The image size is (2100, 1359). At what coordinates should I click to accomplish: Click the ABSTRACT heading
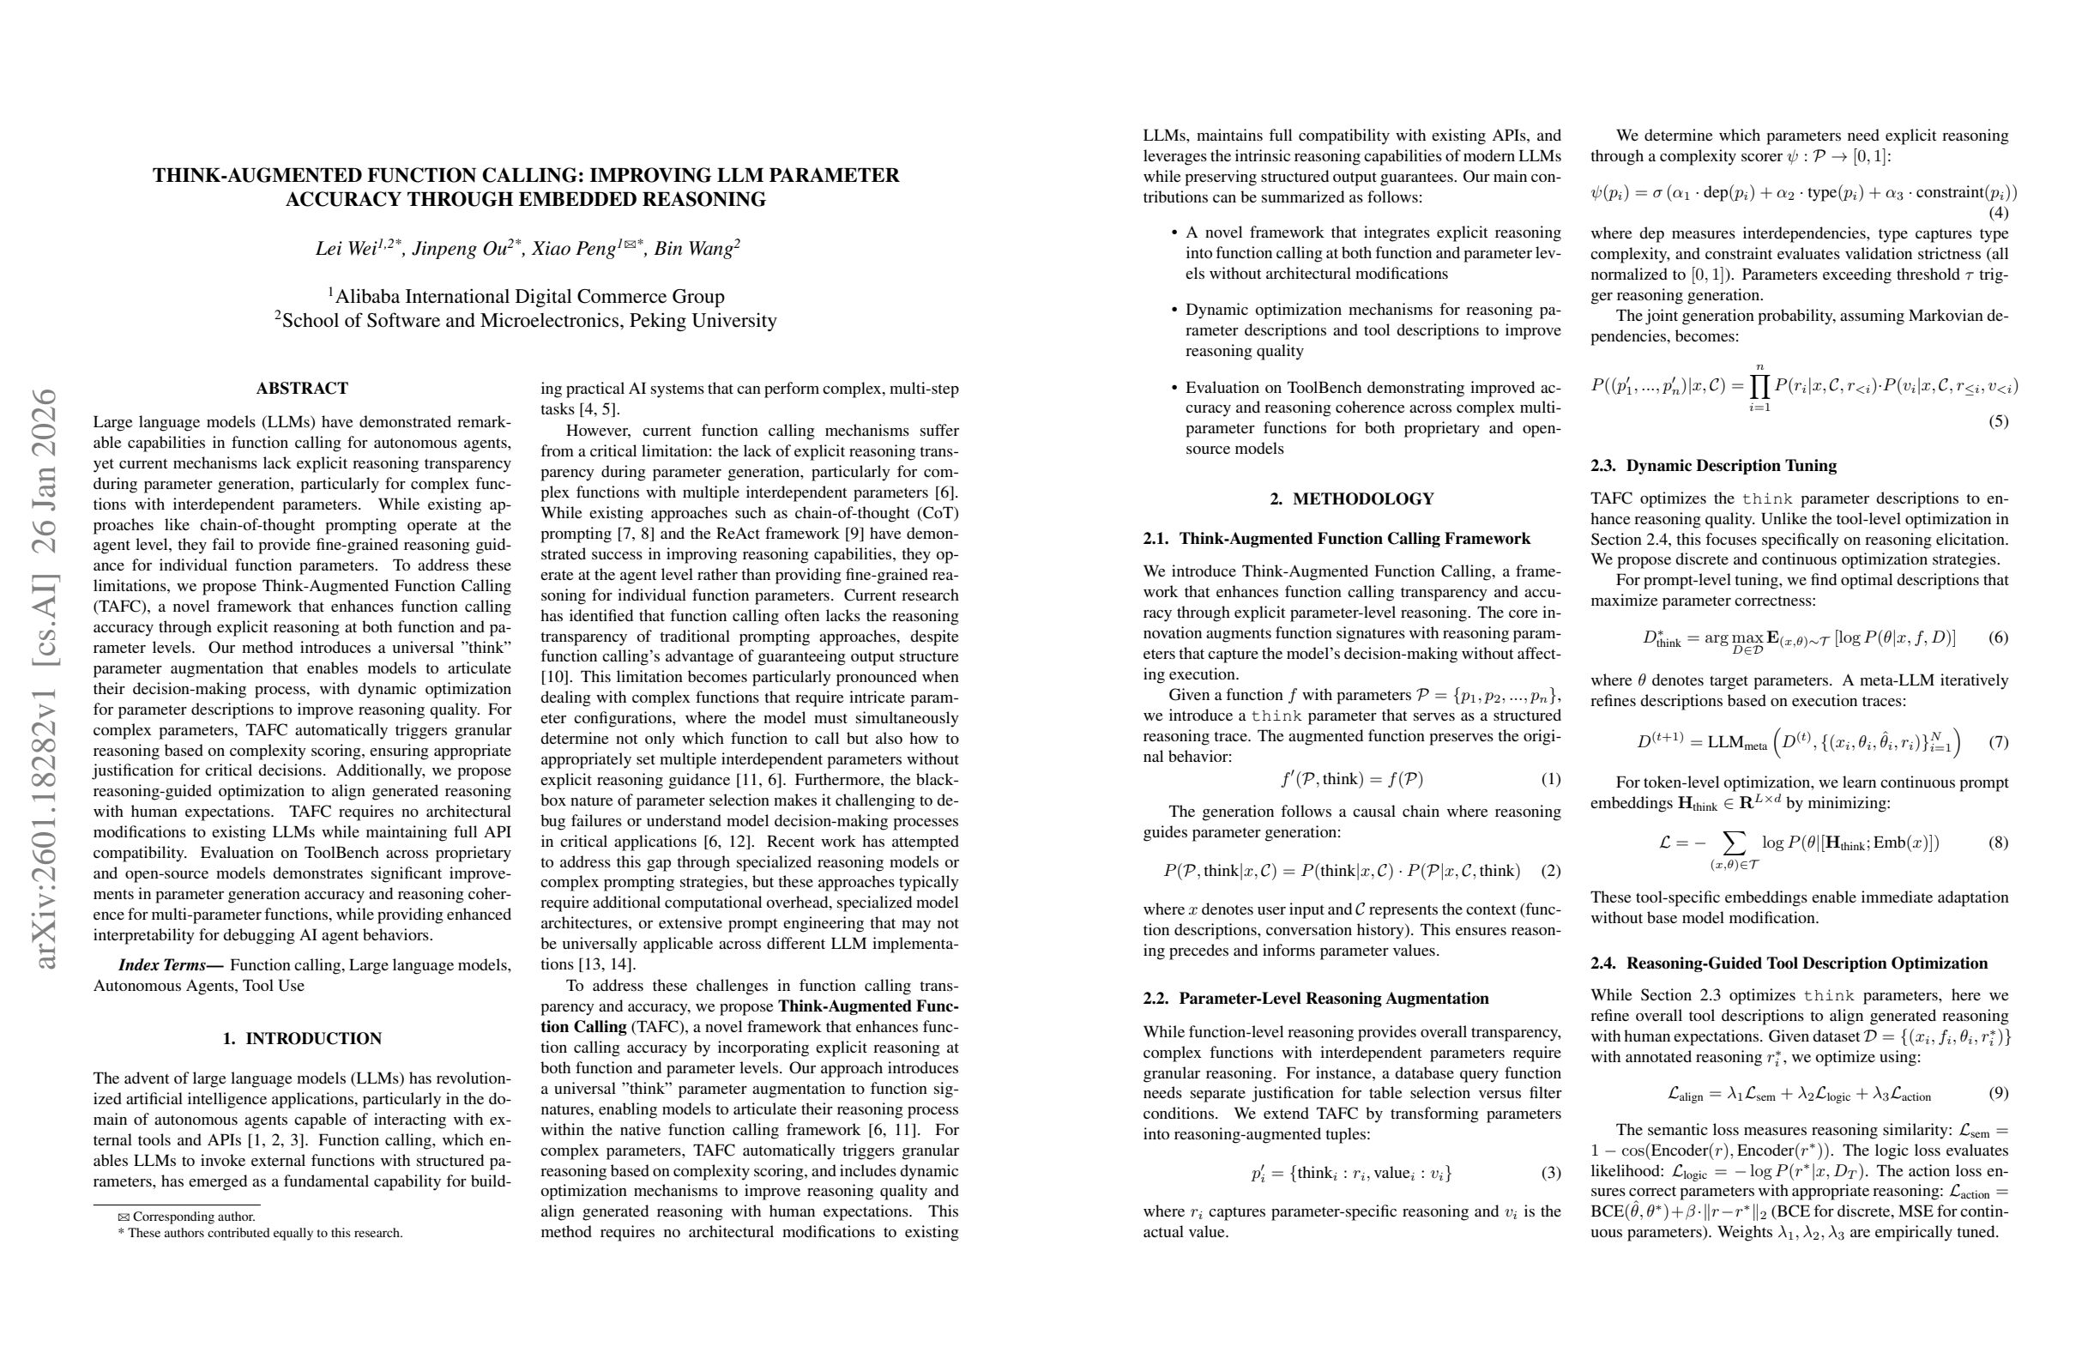point(302,389)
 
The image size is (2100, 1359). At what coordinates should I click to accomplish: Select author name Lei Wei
point(346,249)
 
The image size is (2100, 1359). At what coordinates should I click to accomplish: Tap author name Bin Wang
point(693,249)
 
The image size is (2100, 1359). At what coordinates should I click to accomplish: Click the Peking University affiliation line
point(526,320)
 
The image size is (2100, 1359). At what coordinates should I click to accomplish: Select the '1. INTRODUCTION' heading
point(302,1039)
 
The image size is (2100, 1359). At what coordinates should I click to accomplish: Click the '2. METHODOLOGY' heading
point(1351,499)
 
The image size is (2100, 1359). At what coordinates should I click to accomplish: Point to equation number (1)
point(1550,779)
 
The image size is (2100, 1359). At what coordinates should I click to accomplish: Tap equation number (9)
point(1998,1093)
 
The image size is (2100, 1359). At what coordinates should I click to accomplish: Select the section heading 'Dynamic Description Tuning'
point(1730,466)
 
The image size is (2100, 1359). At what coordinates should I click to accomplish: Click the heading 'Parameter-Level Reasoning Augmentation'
point(1332,999)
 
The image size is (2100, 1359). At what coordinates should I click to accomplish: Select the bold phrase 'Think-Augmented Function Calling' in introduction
point(868,1007)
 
